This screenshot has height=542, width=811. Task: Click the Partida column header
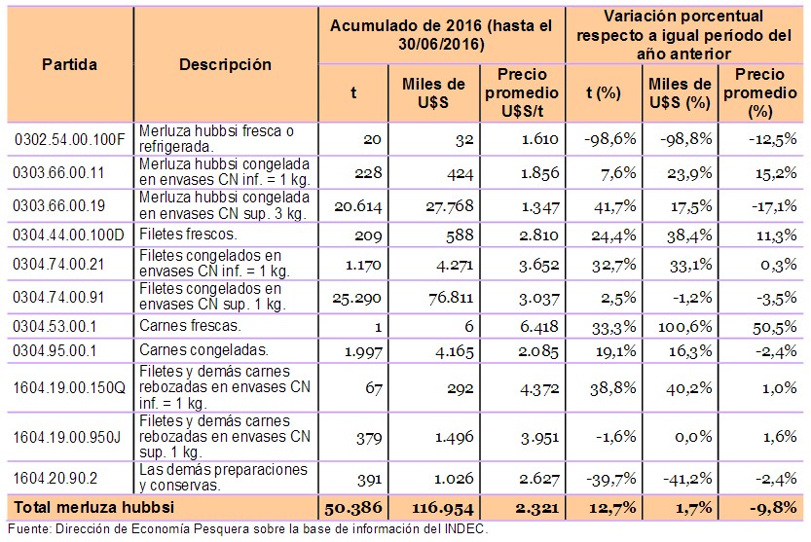tap(69, 65)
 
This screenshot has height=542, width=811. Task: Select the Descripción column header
tap(225, 65)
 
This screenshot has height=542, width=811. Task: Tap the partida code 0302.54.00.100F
tap(70, 138)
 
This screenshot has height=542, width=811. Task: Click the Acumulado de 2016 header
tap(443, 35)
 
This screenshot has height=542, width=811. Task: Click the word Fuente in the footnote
tap(27, 529)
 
